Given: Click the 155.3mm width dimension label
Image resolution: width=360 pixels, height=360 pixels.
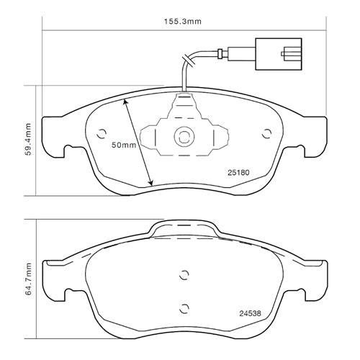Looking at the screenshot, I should click(184, 22).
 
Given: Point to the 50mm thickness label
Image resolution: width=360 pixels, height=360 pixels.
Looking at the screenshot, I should click(123, 145).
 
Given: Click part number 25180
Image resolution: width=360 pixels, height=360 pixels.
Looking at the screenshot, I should click(238, 173).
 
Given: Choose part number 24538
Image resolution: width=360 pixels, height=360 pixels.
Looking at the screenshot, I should click(249, 313).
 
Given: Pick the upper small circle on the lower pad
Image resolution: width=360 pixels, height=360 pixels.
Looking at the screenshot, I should click(184, 275).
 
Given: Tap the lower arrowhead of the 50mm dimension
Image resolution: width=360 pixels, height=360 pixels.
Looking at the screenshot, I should click(150, 182).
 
